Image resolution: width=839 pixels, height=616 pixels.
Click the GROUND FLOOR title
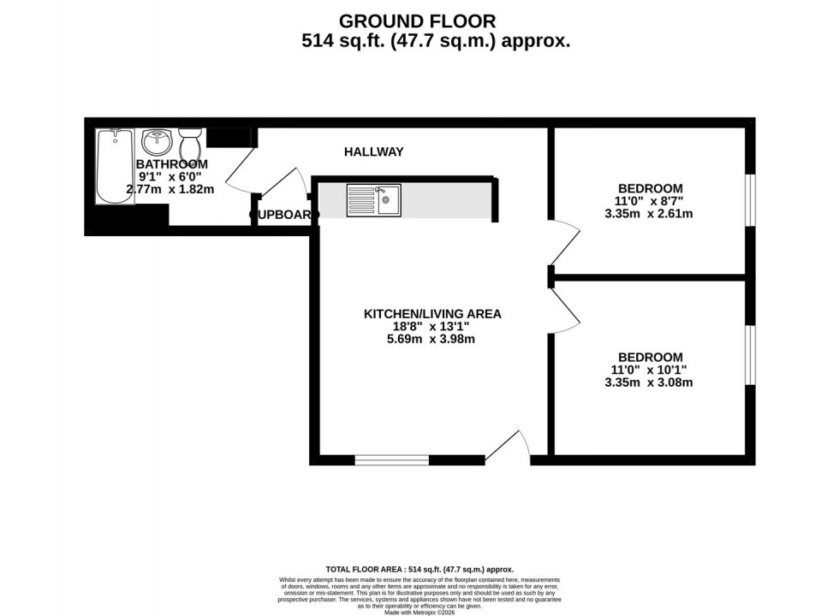(x=417, y=21)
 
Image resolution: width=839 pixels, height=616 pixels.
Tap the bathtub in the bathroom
(x=115, y=166)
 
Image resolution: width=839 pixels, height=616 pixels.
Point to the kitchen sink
(x=373, y=200)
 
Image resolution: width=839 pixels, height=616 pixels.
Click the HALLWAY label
(x=373, y=152)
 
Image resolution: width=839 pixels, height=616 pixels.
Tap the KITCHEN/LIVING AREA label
(x=432, y=314)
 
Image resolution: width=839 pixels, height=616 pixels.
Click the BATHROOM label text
(x=171, y=164)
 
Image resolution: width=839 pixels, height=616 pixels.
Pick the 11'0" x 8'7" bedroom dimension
(x=651, y=201)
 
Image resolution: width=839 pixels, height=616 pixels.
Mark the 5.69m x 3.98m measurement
(x=431, y=339)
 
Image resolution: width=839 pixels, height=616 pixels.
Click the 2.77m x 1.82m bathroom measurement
(x=170, y=189)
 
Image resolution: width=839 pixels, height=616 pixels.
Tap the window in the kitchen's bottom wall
(x=392, y=460)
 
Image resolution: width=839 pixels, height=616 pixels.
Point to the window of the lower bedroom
(x=749, y=354)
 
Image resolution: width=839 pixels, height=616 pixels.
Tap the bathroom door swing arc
(x=240, y=169)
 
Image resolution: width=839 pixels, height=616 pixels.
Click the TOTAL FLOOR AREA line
(x=419, y=569)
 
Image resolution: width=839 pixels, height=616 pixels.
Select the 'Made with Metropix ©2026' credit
(x=419, y=613)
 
